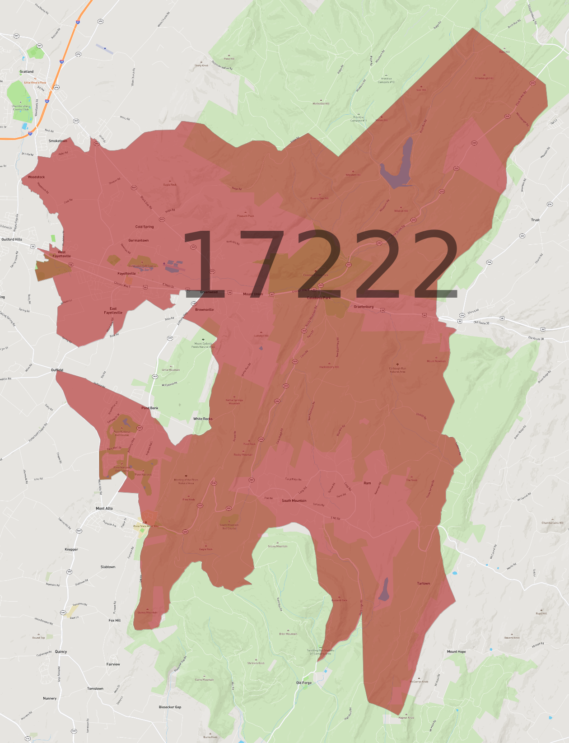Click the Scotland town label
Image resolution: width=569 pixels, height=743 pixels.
27,71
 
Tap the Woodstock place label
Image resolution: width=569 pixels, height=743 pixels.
36,177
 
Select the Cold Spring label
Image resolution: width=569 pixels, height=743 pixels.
145,227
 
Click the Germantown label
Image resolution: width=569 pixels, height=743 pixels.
139,240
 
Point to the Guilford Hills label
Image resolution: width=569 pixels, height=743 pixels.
12,239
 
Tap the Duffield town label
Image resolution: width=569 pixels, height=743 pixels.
57,370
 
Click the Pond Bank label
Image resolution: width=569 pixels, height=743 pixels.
150,408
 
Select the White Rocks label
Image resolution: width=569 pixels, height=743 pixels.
203,419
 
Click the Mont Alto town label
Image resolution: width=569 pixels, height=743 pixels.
104,509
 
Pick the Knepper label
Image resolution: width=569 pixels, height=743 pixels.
71,549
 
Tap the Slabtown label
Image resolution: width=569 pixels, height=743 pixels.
108,567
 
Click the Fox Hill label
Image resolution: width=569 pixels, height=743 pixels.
115,620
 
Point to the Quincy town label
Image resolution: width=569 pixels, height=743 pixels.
61,651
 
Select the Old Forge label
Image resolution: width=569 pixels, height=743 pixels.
304,682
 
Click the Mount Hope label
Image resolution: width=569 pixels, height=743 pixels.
456,651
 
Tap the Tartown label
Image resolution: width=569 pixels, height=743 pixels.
424,583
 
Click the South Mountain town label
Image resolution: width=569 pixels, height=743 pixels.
294,500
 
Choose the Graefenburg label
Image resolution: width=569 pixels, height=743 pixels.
364,307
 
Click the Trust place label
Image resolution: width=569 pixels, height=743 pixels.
535,220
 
